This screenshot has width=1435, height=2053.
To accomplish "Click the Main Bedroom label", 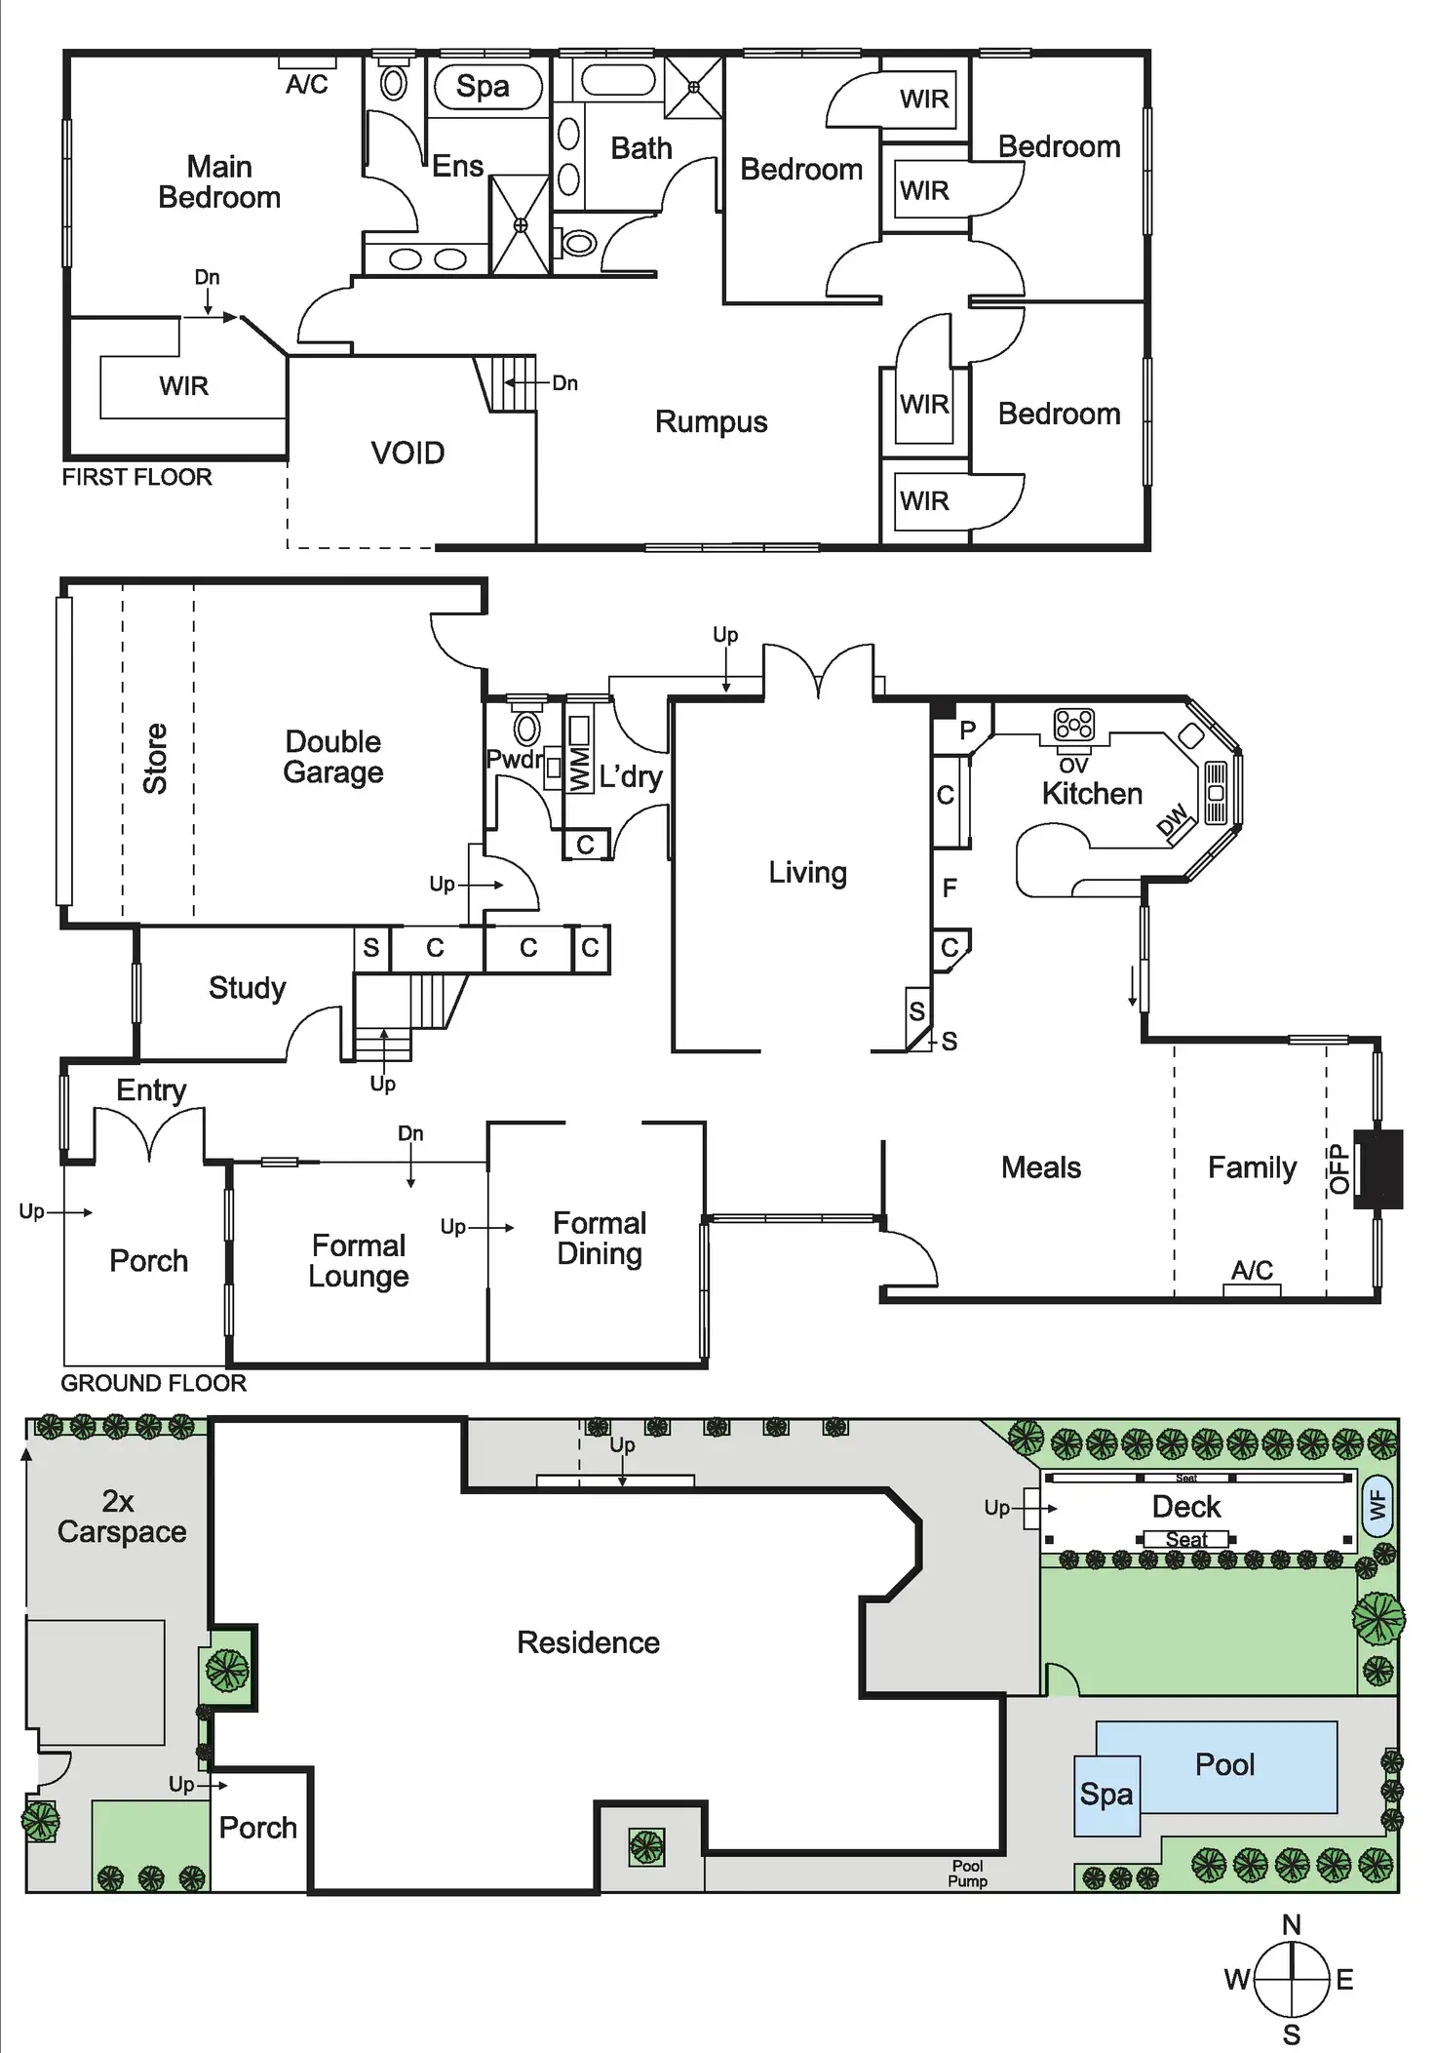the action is pyautogui.click(x=219, y=182).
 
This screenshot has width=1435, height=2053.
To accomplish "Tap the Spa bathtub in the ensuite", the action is pyautogui.click(x=485, y=87).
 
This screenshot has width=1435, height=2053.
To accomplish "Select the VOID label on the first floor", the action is pyautogui.click(x=407, y=454).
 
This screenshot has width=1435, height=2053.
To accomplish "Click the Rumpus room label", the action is pyautogui.click(x=711, y=422).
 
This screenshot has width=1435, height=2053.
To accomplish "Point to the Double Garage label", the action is pyautogui.click(x=332, y=757).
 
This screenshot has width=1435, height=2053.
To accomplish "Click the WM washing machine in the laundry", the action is pyautogui.click(x=579, y=755).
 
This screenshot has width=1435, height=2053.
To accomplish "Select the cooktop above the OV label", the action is pyautogui.click(x=1073, y=725).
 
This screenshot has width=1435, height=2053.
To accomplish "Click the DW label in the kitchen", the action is pyautogui.click(x=1173, y=820).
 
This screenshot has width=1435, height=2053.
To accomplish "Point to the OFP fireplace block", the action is pyautogui.click(x=1380, y=1168).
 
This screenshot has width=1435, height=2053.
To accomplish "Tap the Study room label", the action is pyautogui.click(x=248, y=988).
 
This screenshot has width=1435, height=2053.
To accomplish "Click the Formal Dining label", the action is pyautogui.click(x=600, y=1239).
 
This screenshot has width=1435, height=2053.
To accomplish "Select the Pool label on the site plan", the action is pyautogui.click(x=1224, y=1764).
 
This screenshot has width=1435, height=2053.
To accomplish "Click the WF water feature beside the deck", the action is pyautogui.click(x=1377, y=1507).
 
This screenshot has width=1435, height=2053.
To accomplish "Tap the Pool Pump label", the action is pyautogui.click(x=967, y=1874).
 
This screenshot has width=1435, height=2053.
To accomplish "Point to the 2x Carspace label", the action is pyautogui.click(x=121, y=1517).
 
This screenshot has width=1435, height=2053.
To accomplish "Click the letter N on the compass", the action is pyautogui.click(x=1292, y=1924).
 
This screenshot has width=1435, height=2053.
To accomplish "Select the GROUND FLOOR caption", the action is pyautogui.click(x=153, y=1383).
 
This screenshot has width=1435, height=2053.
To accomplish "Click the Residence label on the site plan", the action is pyautogui.click(x=588, y=1642).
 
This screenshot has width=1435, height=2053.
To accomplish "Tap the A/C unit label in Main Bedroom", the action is pyautogui.click(x=307, y=85).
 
